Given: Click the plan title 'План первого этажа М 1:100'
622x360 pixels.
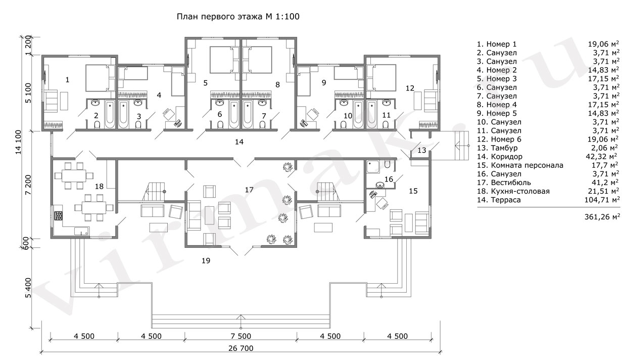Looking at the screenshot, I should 238,17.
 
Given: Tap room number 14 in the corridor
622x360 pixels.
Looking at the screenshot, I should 239,142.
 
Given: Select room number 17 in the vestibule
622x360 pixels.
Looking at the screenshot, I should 249,190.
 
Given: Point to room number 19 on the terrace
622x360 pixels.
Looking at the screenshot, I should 205,261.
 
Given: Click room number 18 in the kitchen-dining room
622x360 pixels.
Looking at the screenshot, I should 99,187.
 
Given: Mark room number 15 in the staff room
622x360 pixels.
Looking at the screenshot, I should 413,191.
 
